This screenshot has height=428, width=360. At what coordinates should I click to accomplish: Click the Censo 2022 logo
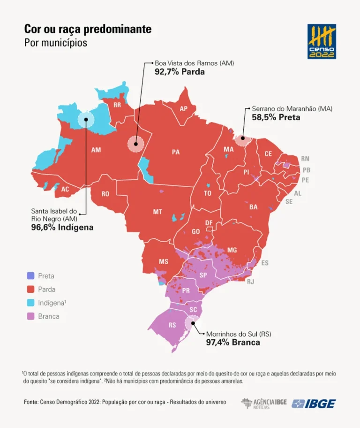point(322,42)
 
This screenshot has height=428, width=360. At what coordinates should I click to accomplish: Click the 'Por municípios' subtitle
point(55,43)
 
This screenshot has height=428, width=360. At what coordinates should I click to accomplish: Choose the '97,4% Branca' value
point(233,343)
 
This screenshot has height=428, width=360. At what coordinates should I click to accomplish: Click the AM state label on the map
point(96,150)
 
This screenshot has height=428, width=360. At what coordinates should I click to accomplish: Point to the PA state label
point(176,152)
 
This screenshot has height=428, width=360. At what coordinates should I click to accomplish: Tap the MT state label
point(157,212)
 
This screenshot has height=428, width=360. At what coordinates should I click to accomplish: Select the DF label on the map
point(210,222)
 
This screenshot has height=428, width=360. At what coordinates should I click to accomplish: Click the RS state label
point(172,325)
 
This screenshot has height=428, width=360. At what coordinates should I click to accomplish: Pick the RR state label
point(118,105)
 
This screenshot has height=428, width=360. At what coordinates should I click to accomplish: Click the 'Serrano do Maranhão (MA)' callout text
point(289,108)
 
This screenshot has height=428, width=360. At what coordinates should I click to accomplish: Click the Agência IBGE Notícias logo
point(263,403)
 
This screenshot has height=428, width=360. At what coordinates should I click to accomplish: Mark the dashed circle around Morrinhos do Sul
point(192,323)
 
